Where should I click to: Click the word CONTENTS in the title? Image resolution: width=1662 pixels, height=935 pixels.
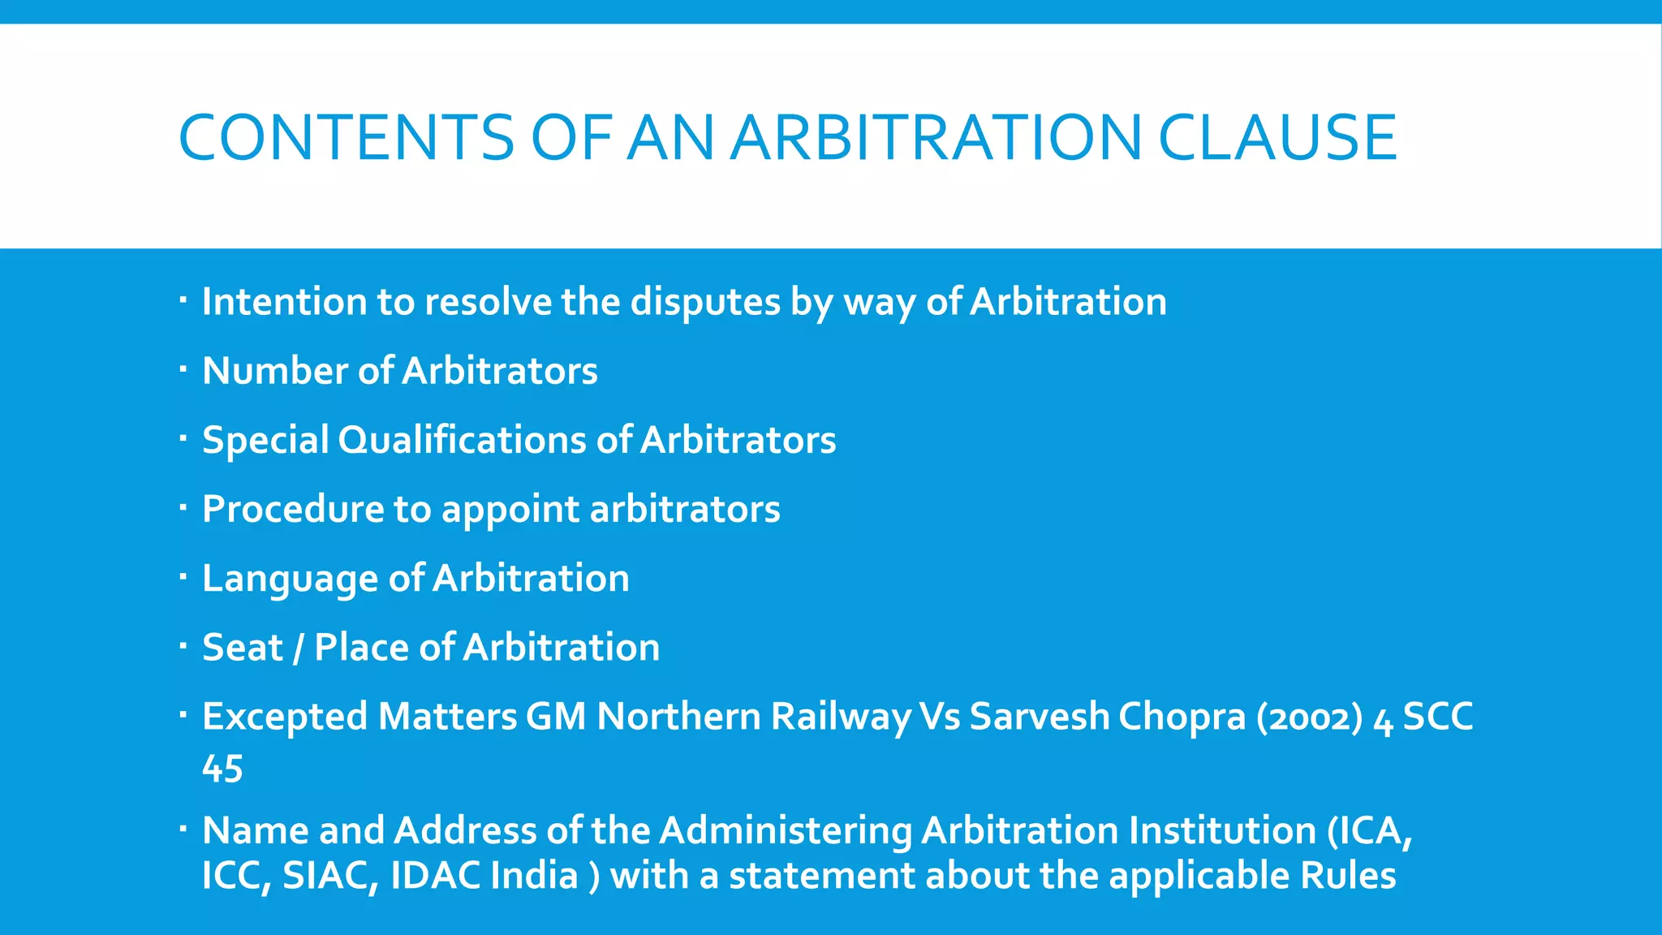[346, 137]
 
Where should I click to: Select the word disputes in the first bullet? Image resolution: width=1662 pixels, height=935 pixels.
[705, 303]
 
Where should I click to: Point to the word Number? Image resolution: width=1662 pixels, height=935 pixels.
[275, 371]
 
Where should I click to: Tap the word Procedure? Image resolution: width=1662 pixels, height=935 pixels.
[292, 510]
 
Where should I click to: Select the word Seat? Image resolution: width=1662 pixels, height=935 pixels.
[242, 648]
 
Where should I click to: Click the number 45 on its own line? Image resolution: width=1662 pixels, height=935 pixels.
[222, 769]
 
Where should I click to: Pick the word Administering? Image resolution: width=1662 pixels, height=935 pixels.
[785, 831]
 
